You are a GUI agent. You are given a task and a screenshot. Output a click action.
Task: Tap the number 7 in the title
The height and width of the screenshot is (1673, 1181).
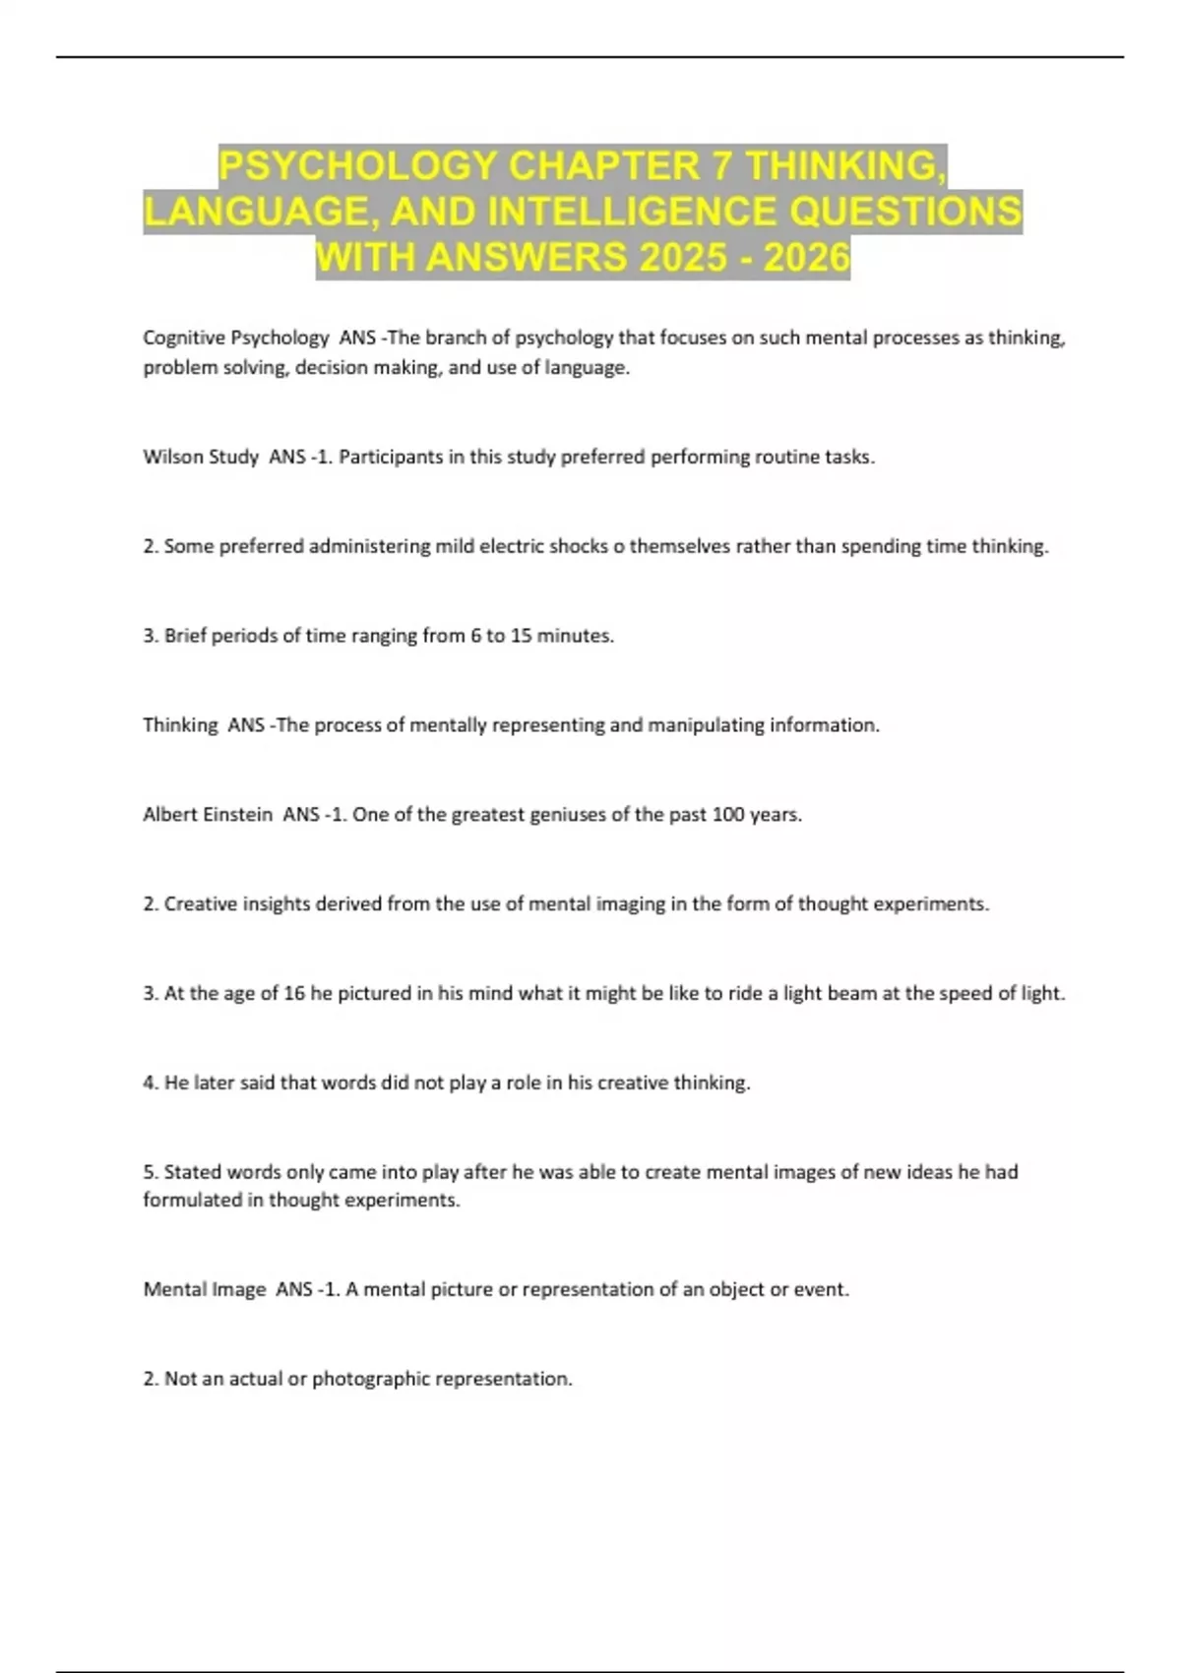coord(721,165)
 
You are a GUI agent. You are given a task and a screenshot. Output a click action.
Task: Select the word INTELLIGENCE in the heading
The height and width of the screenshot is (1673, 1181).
coord(651,212)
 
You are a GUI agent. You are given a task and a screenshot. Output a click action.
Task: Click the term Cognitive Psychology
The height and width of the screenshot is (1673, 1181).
coord(235,338)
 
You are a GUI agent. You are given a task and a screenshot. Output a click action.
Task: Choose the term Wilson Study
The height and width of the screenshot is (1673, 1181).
coord(201,457)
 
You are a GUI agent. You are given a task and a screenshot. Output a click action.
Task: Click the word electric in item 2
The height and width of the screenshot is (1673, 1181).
coord(510,546)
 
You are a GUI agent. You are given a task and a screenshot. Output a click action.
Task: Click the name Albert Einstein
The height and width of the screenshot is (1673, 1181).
coord(208,815)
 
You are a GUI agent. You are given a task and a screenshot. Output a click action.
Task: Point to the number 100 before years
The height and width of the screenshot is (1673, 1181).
coord(727,815)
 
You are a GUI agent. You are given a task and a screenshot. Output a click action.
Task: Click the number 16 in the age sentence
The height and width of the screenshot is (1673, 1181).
coord(294,993)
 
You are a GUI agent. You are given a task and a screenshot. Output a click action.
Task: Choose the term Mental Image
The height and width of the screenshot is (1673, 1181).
coord(205,1289)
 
